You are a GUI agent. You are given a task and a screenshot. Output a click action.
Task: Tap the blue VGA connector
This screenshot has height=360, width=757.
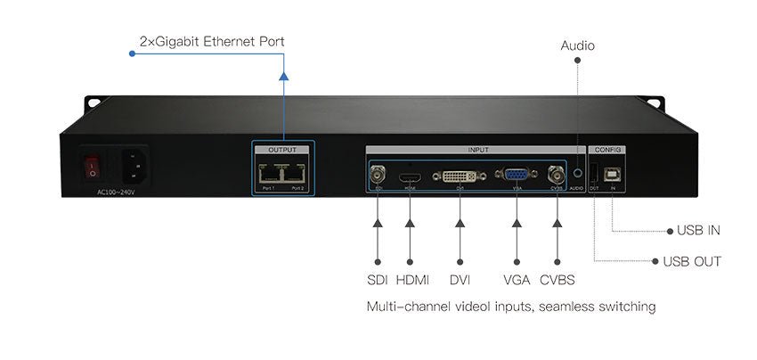516,176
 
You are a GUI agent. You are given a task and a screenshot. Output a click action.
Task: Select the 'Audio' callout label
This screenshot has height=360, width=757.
578,45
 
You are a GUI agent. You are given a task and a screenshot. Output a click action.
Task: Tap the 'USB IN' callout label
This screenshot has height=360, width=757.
698,231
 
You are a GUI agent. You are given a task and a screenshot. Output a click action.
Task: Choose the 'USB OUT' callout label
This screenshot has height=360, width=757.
692,261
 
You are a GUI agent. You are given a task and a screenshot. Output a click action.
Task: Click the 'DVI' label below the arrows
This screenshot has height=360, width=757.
460,280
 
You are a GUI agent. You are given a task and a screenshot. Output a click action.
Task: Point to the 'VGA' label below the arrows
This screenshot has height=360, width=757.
516,280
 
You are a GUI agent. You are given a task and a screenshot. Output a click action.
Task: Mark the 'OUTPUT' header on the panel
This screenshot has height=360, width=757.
281,151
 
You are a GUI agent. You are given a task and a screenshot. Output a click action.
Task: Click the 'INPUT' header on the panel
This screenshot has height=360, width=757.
477,150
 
